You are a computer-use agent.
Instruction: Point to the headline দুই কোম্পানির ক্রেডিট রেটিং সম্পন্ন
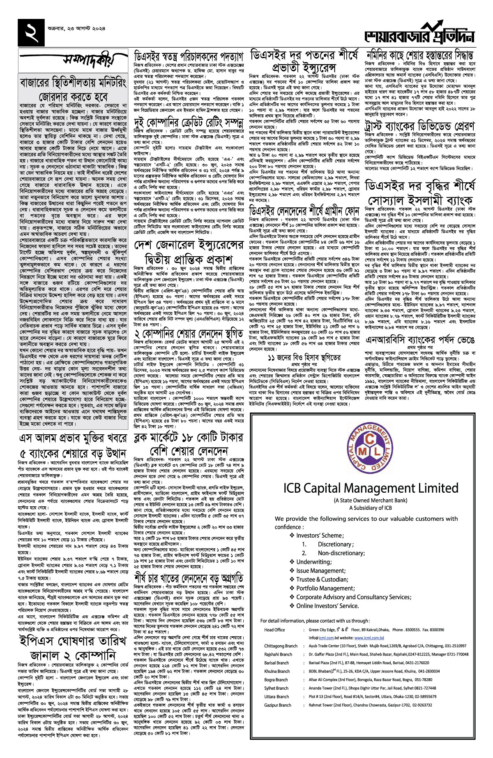click(189, 121)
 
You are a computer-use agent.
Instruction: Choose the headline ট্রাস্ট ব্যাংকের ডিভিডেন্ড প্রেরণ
click(419, 125)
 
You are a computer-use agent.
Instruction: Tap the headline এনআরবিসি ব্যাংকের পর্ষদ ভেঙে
click(419, 341)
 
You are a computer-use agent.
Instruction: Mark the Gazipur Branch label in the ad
click(278, 705)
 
